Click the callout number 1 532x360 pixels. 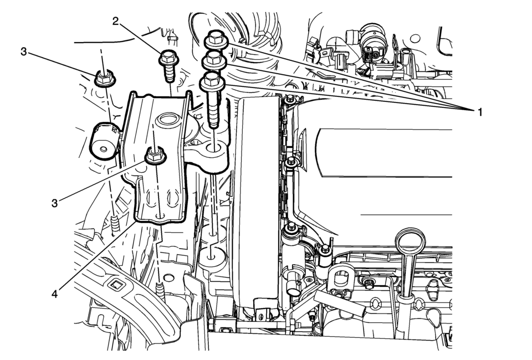tap(479, 111)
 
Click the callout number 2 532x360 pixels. tap(116, 22)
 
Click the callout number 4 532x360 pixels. tap(55, 293)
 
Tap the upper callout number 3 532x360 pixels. tap(23, 52)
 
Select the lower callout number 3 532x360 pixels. tap(55, 203)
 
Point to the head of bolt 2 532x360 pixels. tap(168, 58)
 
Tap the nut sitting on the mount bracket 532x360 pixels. tap(155, 156)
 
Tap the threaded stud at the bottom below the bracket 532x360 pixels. tap(161, 290)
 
